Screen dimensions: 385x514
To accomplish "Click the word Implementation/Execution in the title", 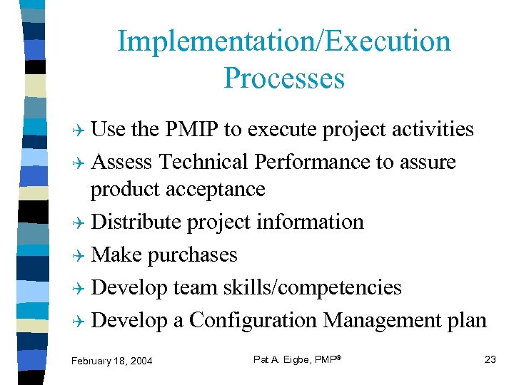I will coord(284,41).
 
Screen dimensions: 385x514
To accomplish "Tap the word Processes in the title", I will coord(284,78).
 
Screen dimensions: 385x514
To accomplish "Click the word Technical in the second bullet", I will coord(204,162).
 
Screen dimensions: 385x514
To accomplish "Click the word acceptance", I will coord(215,189).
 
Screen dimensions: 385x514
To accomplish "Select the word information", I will coord(311,222).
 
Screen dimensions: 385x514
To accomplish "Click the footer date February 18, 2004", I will coord(111,361).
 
